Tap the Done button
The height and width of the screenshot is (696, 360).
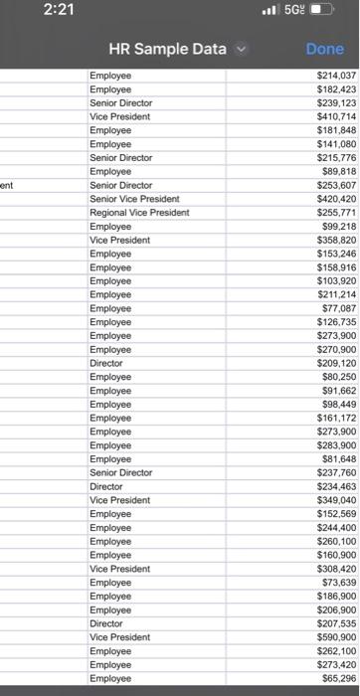[324, 49]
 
